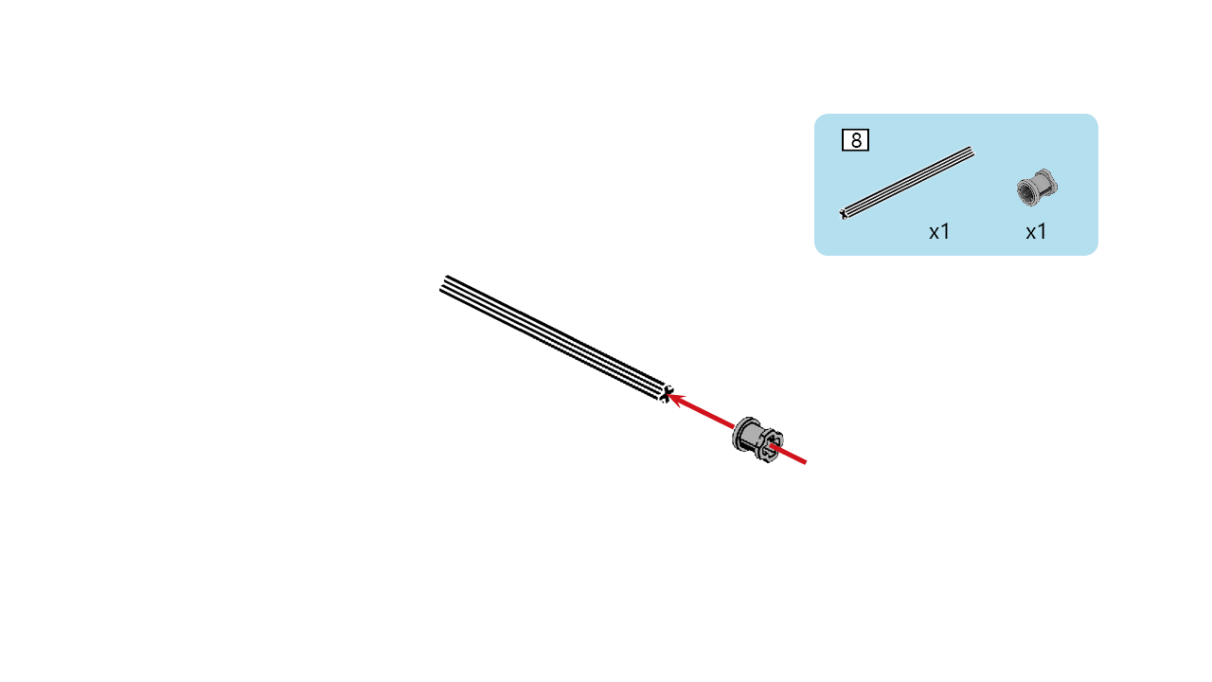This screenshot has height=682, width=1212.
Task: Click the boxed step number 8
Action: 855,140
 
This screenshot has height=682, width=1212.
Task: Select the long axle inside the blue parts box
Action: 907,183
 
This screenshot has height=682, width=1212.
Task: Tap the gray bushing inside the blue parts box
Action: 1037,188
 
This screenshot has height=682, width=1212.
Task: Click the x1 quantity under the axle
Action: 939,232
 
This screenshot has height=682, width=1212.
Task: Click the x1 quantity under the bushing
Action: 1036,232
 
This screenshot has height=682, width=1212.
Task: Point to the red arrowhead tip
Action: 669,396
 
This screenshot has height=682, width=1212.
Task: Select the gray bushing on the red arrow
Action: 757,439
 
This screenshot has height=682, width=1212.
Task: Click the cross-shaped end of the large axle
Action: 666,394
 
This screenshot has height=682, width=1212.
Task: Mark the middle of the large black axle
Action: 556,339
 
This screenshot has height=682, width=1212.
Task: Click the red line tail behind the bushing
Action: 790,454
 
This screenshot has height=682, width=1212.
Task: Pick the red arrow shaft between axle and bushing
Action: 702,412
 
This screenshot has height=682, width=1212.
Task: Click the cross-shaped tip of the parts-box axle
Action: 844,214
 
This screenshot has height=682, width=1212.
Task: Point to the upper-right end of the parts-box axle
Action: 971,152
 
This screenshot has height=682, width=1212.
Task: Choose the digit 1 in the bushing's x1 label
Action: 1043,232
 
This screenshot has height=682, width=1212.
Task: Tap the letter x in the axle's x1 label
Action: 934,234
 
